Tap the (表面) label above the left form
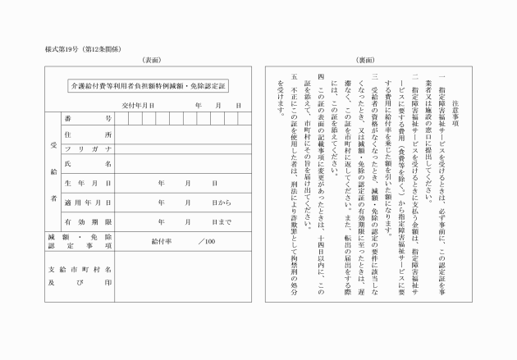(x=151, y=61)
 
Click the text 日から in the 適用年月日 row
(x=222, y=202)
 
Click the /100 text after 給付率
(x=206, y=241)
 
